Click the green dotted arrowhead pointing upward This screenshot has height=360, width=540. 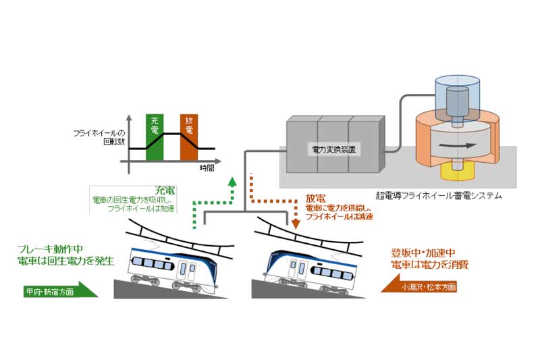click(x=233, y=180)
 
